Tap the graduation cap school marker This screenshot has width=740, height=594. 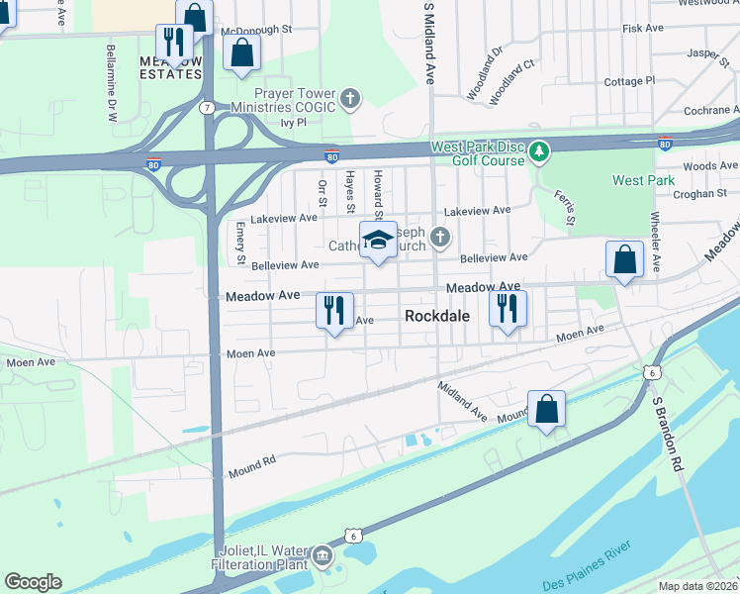pos(378,241)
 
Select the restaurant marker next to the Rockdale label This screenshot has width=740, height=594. pos(508,309)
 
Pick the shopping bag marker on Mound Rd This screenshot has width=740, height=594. pos(546,409)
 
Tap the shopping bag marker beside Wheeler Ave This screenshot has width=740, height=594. pos(625,260)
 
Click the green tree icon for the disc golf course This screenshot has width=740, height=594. pos(538,151)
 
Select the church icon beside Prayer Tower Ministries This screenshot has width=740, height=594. pos(350,98)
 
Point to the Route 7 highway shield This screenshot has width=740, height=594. pos(207,106)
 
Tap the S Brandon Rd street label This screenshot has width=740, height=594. pos(666,435)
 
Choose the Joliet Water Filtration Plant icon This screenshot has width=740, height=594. pos(323,557)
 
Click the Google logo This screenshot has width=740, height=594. pos(33,582)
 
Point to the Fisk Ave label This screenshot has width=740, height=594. pos(642,29)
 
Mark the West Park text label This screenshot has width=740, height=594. pos(643,180)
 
